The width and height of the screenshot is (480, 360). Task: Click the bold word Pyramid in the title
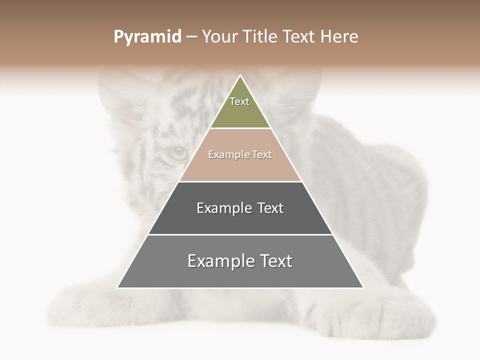(x=147, y=37)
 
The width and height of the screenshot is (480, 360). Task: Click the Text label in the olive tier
(x=239, y=101)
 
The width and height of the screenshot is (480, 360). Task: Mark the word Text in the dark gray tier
(x=270, y=208)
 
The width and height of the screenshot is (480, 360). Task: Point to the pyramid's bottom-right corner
(x=363, y=288)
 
